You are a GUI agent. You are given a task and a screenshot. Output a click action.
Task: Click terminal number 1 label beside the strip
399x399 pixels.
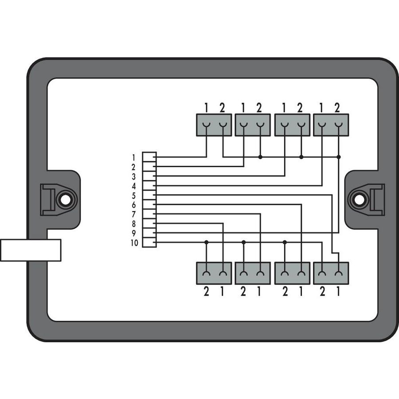point(133,158)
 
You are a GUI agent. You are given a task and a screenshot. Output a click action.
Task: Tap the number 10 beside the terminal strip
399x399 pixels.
point(134,243)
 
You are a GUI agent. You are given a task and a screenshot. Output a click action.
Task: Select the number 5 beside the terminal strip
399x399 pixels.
point(133,196)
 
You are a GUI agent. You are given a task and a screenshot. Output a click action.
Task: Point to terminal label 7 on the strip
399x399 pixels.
point(133,215)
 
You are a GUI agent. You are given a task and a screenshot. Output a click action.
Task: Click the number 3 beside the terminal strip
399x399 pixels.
point(133,176)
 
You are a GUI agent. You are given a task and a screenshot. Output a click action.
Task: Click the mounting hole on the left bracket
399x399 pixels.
point(66,200)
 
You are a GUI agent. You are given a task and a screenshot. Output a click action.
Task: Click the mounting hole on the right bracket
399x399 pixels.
point(359,200)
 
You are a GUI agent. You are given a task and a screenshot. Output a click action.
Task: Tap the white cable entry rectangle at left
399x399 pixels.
point(31,250)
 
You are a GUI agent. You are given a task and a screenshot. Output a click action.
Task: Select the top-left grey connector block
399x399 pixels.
point(214,125)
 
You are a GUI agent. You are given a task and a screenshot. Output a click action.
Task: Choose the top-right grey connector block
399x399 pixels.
point(331,125)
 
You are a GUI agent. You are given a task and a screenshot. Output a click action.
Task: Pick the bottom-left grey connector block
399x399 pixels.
point(214,273)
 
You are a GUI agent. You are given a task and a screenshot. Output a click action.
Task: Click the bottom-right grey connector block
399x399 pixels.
point(331,273)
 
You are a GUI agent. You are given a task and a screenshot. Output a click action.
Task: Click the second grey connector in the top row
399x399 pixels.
point(253,125)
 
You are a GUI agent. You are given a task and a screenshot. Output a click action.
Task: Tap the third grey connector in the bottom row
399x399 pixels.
point(293,273)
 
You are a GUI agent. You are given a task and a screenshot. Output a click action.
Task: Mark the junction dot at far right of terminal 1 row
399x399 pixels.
point(338,157)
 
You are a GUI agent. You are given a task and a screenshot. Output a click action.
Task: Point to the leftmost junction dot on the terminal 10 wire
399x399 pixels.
point(206,242)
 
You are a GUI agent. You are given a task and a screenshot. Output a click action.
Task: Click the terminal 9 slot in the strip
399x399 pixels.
point(149,233)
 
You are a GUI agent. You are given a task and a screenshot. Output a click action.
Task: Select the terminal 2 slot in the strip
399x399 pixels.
point(149,167)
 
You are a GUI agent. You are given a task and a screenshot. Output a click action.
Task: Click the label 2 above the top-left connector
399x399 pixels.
point(222,108)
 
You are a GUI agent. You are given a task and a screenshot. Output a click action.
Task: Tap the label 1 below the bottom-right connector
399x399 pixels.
point(338,291)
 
